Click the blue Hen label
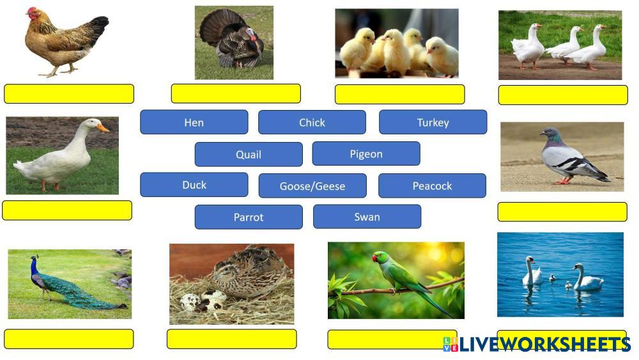(x=194, y=122)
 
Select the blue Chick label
(x=312, y=122)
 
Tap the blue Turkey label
(x=433, y=122)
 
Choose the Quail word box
(x=249, y=154)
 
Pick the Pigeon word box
(x=366, y=153)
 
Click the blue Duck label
(x=194, y=185)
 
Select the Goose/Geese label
(x=312, y=186)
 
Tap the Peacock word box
(x=432, y=186)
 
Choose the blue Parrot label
(x=249, y=217)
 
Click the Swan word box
(x=367, y=217)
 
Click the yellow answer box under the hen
(x=69, y=94)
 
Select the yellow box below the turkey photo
(x=236, y=93)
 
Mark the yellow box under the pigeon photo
(x=562, y=212)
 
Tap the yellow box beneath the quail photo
(x=231, y=339)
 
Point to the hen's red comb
(x=32, y=11)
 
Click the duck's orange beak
(x=103, y=128)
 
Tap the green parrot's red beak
(x=374, y=258)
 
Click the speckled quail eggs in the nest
(x=203, y=301)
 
